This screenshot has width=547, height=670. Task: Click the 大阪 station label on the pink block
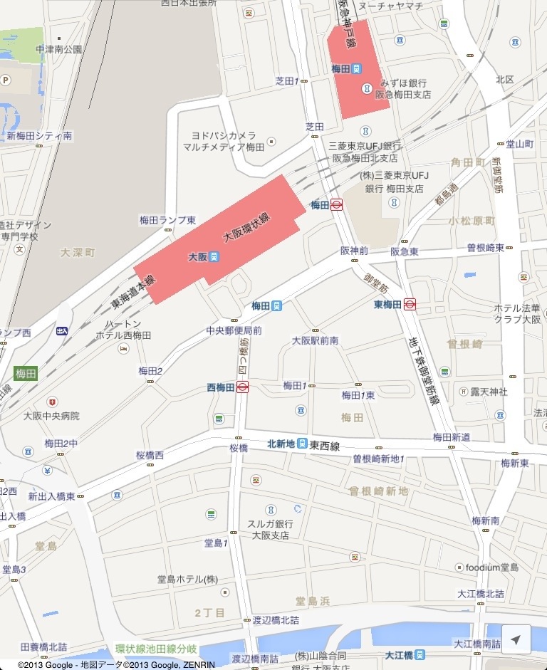coord(198,256)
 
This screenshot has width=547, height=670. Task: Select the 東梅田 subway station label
coord(388,304)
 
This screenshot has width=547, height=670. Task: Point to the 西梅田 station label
coord(222,387)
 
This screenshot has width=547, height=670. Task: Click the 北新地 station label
coord(281,444)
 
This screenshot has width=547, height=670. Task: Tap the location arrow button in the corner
coord(516,640)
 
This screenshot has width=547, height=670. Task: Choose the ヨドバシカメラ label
coord(224,135)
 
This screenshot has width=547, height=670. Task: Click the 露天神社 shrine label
coord(489,392)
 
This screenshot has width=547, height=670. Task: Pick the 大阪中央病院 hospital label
coord(51,416)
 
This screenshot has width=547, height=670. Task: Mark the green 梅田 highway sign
coord(26,373)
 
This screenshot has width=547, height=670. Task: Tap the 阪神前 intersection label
coord(354,251)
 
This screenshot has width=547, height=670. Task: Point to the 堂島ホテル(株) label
coord(188,579)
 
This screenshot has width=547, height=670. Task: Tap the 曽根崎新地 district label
coord(378,491)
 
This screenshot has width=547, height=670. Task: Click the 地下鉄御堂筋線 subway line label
coord(426,371)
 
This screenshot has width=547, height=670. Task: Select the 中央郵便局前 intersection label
coord(234,330)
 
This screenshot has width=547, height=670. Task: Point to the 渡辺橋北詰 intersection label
coord(276,620)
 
